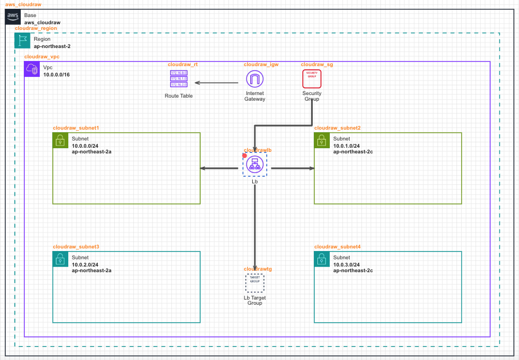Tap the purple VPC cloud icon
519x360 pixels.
click(32, 69)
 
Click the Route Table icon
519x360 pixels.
click(179, 79)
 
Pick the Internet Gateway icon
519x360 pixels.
click(254, 79)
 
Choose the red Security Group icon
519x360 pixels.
click(312, 79)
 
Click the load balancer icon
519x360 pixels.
click(254, 164)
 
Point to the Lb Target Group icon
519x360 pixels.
click(254, 283)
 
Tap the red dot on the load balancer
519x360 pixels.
click(245, 155)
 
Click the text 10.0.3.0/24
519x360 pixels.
click(346, 264)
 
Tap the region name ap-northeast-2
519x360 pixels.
click(52, 46)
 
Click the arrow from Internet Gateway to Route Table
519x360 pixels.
click(217, 83)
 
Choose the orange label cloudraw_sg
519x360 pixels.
click(317, 65)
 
